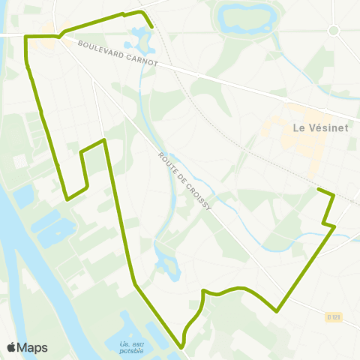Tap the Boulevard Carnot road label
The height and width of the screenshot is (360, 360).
117,54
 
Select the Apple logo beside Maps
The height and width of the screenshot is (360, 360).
11,347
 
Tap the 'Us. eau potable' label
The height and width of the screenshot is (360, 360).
131,347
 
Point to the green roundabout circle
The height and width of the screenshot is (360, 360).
334,30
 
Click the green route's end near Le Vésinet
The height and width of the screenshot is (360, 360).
319,190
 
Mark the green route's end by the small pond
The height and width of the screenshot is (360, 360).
152,27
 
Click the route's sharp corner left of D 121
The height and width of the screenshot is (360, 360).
277,310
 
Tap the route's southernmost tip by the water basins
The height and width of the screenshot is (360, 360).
182,347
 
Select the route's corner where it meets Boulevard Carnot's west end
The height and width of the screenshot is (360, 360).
27,37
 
